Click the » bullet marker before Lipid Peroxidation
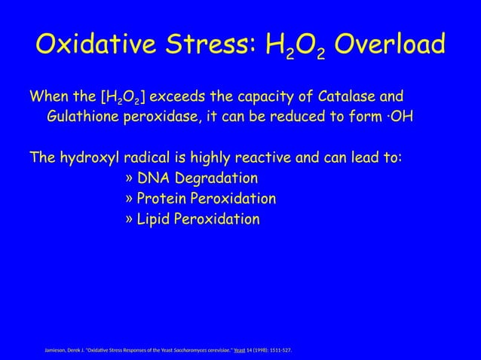130,220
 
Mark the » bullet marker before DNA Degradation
130,179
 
